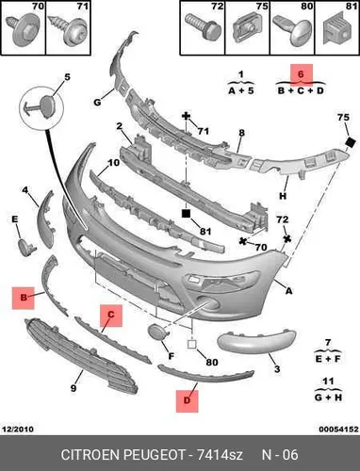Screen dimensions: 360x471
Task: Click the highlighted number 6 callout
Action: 301,74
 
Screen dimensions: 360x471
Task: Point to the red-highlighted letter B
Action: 24,298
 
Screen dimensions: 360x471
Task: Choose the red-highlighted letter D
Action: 187,400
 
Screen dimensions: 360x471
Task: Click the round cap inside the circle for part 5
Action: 48,104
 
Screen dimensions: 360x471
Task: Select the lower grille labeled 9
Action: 81,356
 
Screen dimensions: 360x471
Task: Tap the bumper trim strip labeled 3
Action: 256,342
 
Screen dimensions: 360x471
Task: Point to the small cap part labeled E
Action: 26,247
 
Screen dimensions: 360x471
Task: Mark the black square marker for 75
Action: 350,142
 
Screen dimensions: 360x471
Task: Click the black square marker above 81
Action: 187,214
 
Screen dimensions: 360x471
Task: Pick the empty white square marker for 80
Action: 191,345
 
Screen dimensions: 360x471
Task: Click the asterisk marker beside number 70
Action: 243,241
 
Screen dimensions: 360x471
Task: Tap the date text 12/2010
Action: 18,429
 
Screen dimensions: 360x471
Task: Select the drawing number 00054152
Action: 338,429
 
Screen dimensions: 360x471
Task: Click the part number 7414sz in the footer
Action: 220,455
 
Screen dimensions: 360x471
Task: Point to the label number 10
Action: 113,163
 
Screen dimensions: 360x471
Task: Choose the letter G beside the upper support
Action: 97,102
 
